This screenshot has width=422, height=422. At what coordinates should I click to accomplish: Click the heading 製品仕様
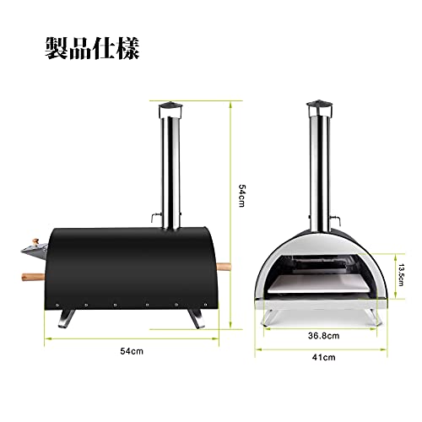click(x=92, y=48)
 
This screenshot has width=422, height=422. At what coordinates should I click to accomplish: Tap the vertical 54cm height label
click(x=241, y=196)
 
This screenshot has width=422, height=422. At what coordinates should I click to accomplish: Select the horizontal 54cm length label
click(x=132, y=351)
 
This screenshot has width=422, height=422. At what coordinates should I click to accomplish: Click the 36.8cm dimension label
click(x=323, y=336)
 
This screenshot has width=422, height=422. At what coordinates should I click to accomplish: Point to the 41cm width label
click(x=323, y=357)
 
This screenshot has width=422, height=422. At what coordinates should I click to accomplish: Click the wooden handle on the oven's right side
click(x=224, y=267)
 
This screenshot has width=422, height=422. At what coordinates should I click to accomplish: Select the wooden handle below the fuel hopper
click(x=33, y=277)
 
